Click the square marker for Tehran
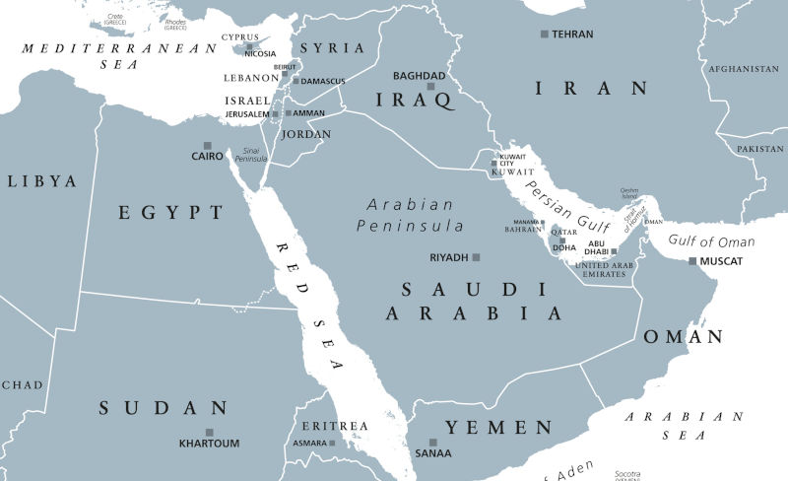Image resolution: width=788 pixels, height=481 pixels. click(x=544, y=34)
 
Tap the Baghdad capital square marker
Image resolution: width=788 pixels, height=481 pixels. click(x=429, y=87)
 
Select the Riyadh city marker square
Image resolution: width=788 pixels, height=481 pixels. click(x=476, y=257)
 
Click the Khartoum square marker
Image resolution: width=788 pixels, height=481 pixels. click(x=209, y=432)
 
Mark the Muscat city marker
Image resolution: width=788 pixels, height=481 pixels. click(x=692, y=261)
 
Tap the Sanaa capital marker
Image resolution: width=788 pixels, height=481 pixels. click(x=432, y=443)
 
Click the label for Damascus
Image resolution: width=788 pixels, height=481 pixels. click(x=324, y=81)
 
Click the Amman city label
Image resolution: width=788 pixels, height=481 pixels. click(x=305, y=113)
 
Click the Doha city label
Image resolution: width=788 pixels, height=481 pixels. click(x=563, y=247)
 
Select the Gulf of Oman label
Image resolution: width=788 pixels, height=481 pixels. click(x=711, y=241)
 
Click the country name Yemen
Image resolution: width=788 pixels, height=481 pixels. click(x=498, y=428)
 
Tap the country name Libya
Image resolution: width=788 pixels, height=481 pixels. click(x=41, y=181)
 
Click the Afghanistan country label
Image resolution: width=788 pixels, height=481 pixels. click(x=744, y=69)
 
